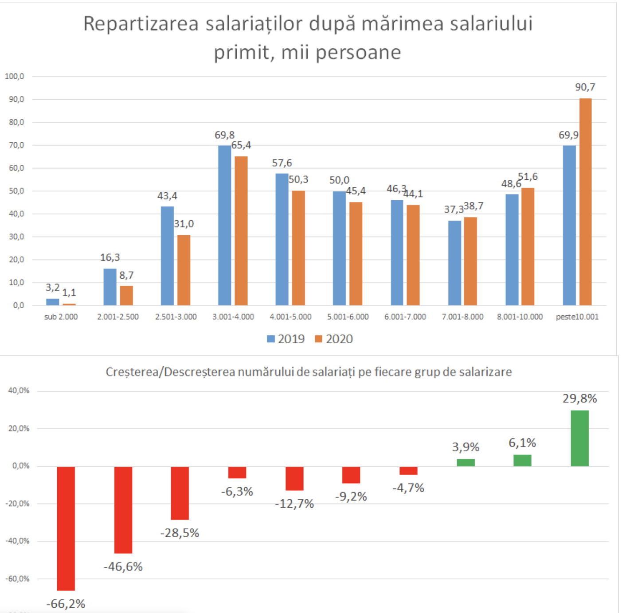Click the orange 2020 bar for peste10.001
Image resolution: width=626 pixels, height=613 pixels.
[x=585, y=202]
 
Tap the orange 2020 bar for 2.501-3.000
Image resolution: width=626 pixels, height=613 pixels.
[x=184, y=270]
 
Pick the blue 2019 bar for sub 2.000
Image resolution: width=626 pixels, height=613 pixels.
[x=52, y=302]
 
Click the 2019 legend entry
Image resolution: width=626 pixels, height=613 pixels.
[x=286, y=339]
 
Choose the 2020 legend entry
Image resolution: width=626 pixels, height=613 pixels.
[x=333, y=339]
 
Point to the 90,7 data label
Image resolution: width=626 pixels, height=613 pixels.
[x=585, y=87]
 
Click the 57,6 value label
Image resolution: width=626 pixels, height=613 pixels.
[x=282, y=163]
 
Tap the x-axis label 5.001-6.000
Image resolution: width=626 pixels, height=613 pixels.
[x=348, y=317]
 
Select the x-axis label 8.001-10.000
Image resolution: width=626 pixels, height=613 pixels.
[x=520, y=317]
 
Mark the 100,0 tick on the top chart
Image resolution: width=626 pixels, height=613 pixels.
[x=14, y=76]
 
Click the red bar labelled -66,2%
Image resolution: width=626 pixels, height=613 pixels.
[x=66, y=528]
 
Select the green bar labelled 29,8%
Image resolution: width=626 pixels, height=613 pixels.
[x=579, y=438]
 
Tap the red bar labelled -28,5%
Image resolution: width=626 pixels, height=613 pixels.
[x=180, y=493]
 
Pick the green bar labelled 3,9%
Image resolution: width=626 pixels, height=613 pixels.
[x=466, y=462]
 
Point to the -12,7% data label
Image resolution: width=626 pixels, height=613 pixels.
[x=294, y=504]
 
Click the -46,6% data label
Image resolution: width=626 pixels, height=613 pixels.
[x=123, y=566]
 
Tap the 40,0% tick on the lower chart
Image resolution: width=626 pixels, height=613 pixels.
[x=19, y=391]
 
